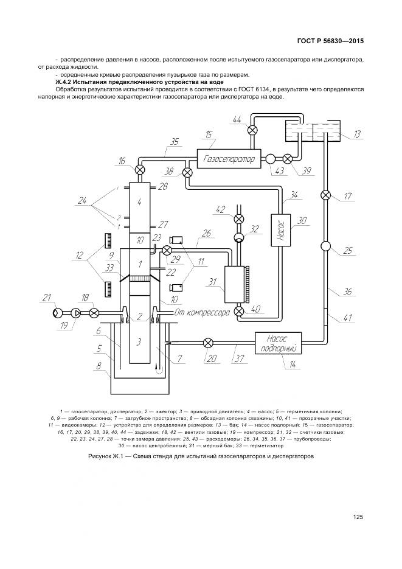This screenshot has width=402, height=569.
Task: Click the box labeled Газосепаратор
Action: [227, 158]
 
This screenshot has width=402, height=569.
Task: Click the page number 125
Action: [358, 517]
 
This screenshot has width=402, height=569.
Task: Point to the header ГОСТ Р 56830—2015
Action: [331, 42]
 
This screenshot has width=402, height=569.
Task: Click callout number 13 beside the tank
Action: [357, 134]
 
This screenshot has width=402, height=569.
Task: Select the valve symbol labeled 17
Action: [325, 195]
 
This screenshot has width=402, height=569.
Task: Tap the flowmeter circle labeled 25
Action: [325, 246]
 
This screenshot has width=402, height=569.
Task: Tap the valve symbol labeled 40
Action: [238, 312]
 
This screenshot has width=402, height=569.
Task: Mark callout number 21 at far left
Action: [46, 297]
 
